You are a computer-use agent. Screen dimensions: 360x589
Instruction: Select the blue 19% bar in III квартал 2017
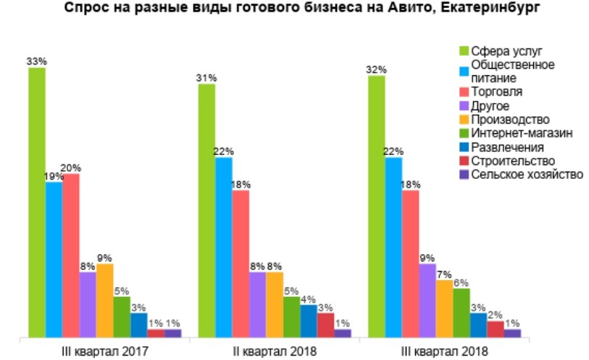point(54,259)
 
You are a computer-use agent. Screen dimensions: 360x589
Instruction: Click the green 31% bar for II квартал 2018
point(206,210)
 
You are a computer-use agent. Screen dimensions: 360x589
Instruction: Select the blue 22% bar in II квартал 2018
point(224,247)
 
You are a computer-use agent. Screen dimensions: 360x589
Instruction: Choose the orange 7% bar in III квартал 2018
point(444,309)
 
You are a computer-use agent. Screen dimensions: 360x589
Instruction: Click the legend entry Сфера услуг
point(506,51)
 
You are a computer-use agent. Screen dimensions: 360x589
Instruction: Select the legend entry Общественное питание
point(512,71)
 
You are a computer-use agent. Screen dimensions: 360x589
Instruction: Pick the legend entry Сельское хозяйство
point(527,175)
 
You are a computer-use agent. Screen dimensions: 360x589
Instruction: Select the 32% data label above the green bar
point(376,70)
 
